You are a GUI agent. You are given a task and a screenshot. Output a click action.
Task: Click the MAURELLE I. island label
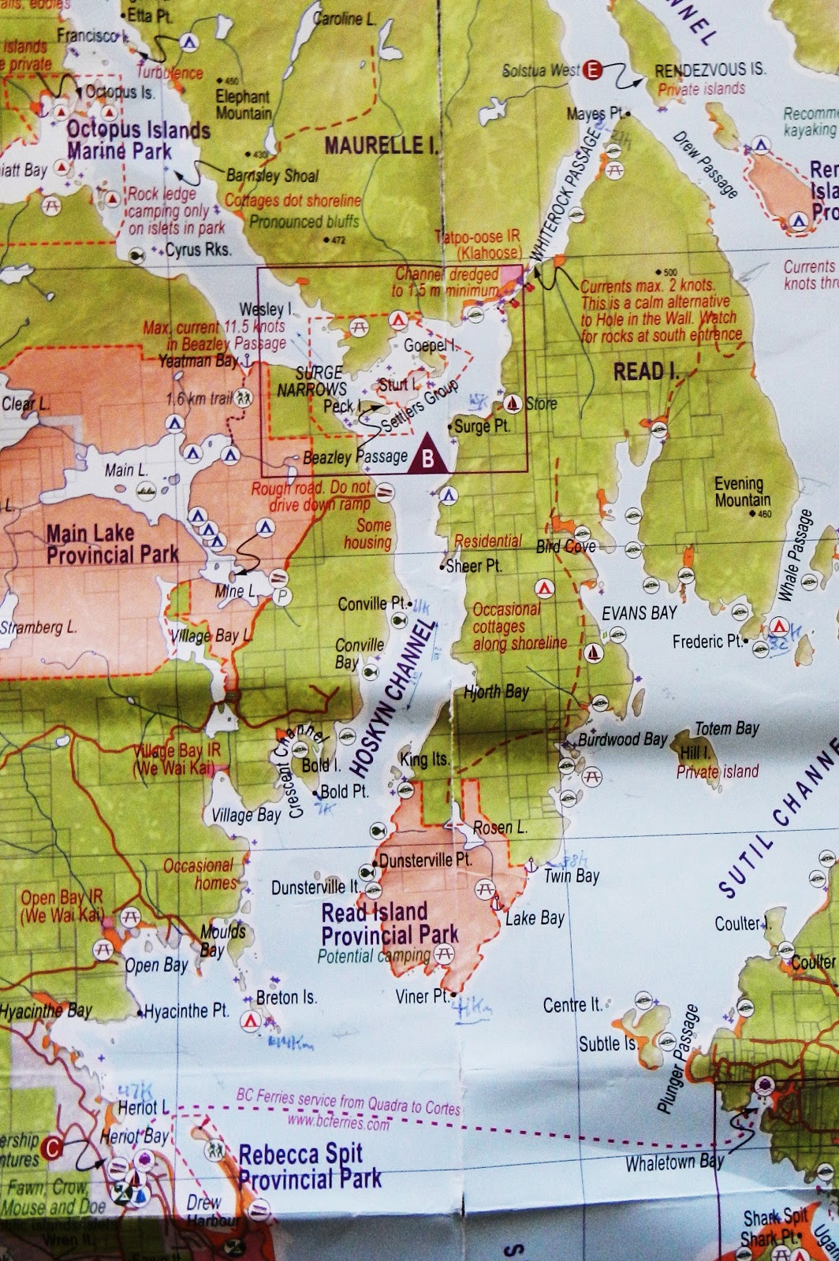point(381,145)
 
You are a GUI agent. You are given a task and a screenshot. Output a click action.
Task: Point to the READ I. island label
point(645,371)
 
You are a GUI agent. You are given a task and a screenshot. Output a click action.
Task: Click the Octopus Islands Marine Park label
point(139,139)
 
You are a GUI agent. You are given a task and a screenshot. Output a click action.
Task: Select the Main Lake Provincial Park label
point(112,544)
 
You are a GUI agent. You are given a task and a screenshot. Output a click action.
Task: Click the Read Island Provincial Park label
point(390,924)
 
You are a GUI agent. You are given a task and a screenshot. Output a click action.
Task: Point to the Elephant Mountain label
point(243,104)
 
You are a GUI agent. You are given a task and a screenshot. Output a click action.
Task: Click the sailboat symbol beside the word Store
point(513,404)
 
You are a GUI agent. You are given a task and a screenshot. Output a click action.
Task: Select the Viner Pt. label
point(422,996)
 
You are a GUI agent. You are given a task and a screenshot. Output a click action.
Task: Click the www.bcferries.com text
point(338,1122)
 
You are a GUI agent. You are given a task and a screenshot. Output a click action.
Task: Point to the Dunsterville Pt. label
point(425,860)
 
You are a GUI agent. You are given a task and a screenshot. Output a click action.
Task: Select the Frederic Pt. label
point(707,642)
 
